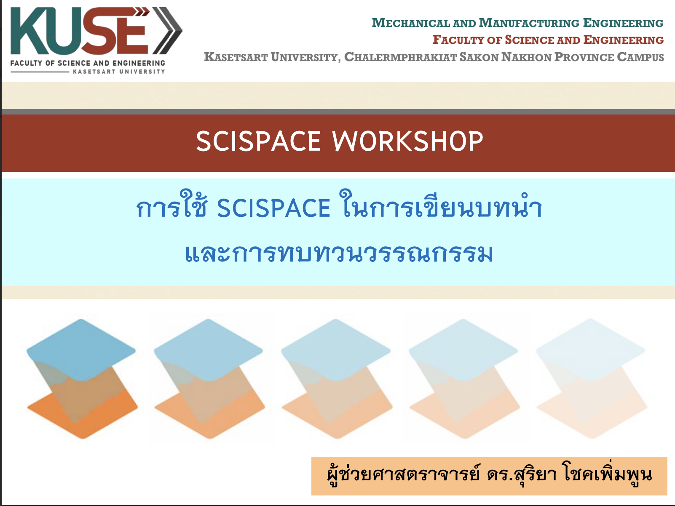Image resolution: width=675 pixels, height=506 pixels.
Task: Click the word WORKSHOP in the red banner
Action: coord(407,141)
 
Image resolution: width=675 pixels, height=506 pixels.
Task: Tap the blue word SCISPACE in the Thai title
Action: coord(273,208)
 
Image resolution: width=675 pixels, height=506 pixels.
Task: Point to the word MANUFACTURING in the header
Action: coord(529,23)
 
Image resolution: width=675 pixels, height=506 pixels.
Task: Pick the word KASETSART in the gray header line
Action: coord(236,57)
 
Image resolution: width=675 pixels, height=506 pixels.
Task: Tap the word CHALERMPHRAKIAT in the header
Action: coord(400,57)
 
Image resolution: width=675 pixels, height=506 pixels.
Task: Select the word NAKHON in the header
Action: coord(526,57)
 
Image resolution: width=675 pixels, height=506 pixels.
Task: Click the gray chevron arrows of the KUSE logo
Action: coord(167,31)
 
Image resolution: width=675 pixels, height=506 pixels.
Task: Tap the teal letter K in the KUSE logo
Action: coord(28,31)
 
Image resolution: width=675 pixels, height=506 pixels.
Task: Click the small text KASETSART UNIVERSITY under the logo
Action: coord(119,72)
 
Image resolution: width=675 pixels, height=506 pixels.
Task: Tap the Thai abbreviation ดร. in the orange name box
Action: coord(500,475)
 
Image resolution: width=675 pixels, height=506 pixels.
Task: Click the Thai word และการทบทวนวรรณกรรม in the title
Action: coord(339,254)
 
